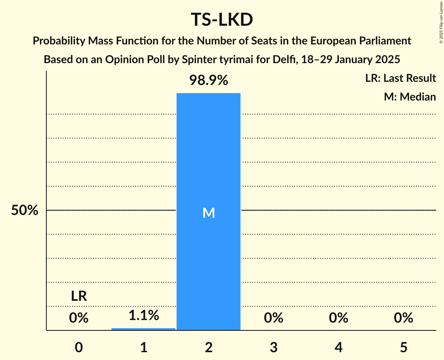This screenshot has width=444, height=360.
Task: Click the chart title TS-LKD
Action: tap(222, 20)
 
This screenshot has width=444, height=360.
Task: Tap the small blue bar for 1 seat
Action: tap(143, 329)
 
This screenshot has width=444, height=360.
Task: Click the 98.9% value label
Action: tap(209, 81)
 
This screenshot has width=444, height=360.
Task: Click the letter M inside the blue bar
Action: tap(209, 213)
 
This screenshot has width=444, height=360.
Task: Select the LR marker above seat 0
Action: tap(79, 296)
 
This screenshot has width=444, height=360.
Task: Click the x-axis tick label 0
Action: tap(79, 348)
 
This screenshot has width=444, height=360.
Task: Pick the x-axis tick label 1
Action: tap(143, 348)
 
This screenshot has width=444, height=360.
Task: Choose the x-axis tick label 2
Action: tap(209, 348)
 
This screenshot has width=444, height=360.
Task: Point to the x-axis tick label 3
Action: tap(273, 348)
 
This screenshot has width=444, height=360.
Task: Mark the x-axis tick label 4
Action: tap(338, 348)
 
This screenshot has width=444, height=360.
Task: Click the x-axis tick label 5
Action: tap(403, 348)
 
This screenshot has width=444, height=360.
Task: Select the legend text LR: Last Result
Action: tap(400, 78)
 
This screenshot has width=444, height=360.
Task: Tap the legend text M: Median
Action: tap(410, 97)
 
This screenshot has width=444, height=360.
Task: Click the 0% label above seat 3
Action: tap(273, 318)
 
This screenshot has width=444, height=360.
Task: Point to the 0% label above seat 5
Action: tap(403, 318)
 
